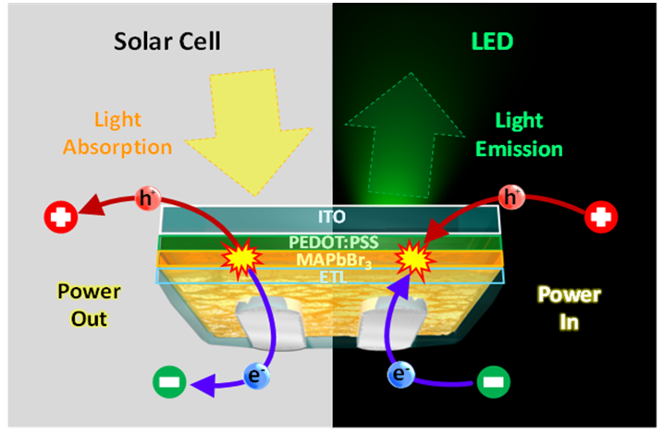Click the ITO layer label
(333, 219)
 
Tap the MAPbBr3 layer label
(333, 260)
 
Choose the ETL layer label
(333, 275)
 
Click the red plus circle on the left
(59, 219)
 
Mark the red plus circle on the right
(604, 219)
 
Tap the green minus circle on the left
(170, 381)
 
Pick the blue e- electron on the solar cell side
(257, 375)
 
